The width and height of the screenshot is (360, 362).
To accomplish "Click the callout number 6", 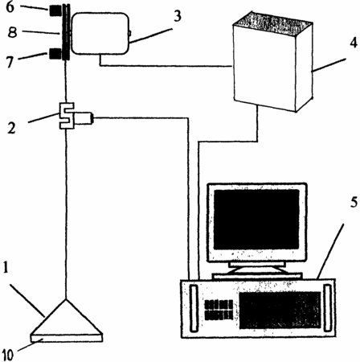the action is [10, 7].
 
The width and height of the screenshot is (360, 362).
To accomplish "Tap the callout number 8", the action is [12, 32].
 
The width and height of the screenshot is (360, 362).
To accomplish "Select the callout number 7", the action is [10, 62].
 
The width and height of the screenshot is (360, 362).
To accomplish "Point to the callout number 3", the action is [178, 16].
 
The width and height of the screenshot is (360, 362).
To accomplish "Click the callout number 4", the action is [354, 43].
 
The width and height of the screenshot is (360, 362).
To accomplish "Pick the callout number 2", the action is [11, 129].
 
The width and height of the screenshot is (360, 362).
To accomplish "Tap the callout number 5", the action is [354, 202].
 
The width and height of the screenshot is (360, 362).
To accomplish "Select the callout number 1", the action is [6, 267].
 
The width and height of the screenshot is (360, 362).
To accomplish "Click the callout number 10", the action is [8, 355].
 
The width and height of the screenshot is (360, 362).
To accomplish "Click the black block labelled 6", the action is [55, 10].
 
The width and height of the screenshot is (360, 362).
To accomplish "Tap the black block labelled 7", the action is [55, 54].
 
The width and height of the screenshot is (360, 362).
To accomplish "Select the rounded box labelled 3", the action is [100, 33].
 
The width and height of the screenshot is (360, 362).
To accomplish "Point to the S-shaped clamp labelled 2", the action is [66, 116].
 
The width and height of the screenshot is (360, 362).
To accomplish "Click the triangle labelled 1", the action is [67, 317].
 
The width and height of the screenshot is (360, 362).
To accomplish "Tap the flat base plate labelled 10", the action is [67, 339].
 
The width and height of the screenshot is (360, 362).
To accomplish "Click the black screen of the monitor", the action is [256, 220].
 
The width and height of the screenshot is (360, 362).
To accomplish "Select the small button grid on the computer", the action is [219, 310].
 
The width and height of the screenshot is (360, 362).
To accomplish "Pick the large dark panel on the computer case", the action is [280, 310].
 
